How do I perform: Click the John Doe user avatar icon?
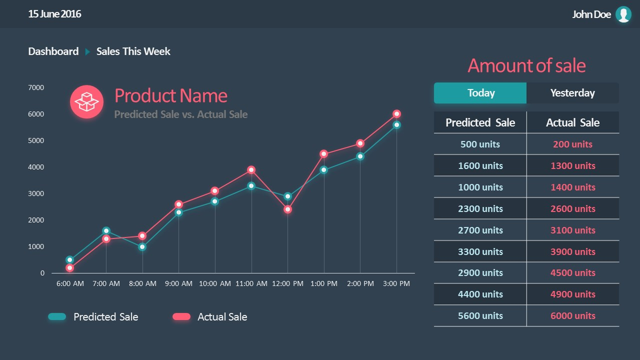623,14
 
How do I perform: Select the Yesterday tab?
572,93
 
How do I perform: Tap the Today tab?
480,93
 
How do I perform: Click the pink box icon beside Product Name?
86,102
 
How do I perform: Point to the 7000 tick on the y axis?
36,87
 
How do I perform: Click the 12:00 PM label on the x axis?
287,283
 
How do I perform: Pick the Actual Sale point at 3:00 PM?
396,114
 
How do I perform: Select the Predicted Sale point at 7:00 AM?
106,231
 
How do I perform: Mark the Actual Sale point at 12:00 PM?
287,209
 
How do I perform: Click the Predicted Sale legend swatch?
57,316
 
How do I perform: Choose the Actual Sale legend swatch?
181,316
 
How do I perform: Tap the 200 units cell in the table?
572,144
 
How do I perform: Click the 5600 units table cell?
480,316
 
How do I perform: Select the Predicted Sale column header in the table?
480,122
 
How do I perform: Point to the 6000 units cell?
572,316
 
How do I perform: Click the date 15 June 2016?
54,14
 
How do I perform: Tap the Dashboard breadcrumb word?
53,51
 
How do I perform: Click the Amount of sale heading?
526,66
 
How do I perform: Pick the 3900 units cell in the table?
572,252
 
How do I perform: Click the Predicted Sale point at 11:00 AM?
251,186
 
